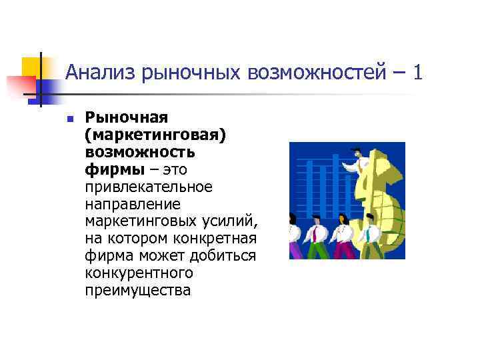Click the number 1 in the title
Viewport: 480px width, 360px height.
click(x=418, y=71)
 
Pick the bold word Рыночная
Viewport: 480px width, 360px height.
click(x=126, y=118)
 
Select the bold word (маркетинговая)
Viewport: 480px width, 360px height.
click(x=155, y=135)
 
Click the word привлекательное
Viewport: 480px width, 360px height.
click(x=149, y=187)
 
